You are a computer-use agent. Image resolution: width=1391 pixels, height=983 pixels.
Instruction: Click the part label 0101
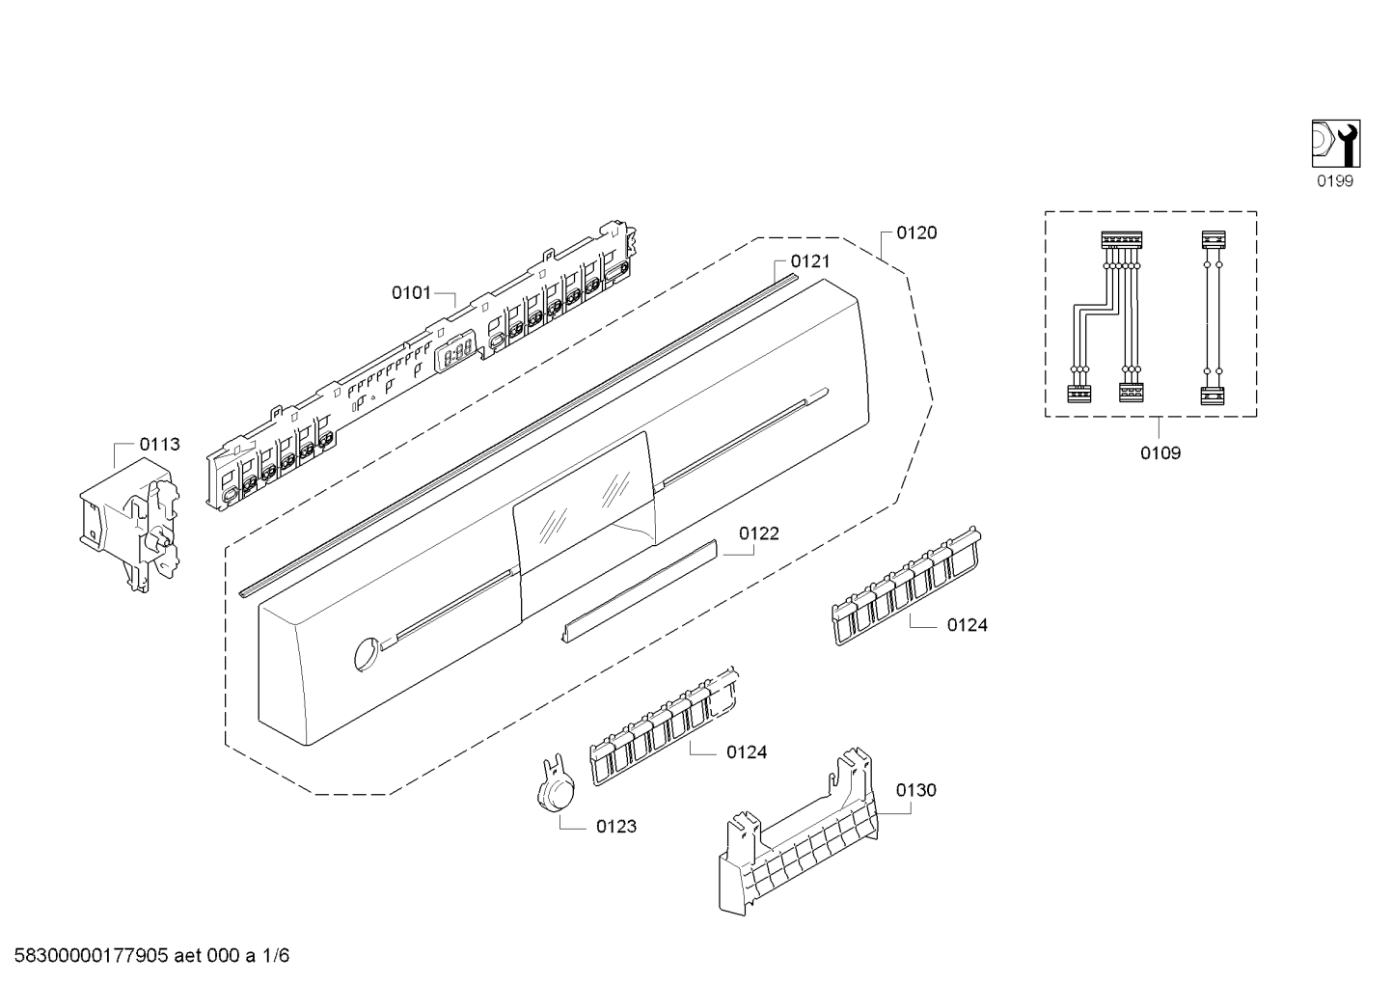click(x=411, y=292)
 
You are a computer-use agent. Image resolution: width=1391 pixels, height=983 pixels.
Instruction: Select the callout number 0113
click(x=159, y=445)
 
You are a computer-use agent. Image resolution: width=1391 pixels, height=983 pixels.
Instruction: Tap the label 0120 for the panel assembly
click(x=915, y=232)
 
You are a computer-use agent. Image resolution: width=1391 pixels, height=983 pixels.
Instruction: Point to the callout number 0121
click(x=809, y=261)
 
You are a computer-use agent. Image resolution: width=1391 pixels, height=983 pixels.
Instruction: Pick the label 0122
click(x=759, y=533)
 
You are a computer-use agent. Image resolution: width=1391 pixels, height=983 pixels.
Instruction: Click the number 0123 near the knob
click(x=615, y=827)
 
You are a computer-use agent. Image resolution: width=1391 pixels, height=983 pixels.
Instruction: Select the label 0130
click(x=915, y=790)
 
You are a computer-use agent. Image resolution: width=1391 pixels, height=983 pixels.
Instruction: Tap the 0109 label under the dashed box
click(x=1159, y=453)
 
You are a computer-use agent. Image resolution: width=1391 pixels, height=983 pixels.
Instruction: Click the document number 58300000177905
click(x=86, y=956)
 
